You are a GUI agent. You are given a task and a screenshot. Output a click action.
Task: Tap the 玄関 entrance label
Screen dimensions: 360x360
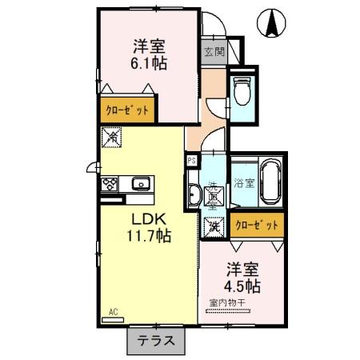click(214, 52)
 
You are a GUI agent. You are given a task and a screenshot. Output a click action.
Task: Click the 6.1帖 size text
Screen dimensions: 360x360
click(149, 63)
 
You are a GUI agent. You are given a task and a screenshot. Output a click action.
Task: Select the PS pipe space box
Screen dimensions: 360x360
click(191, 161)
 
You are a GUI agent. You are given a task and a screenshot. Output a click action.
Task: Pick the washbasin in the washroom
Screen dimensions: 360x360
click(194, 193)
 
